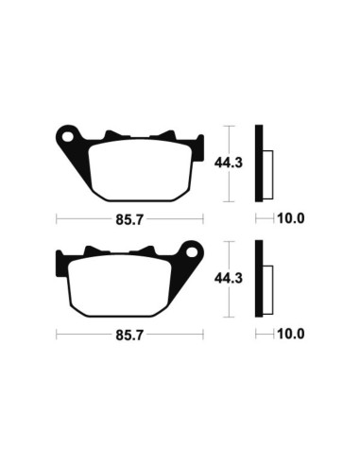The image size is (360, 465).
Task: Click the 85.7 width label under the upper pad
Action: (x=129, y=219)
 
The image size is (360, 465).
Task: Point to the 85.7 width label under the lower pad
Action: (x=129, y=335)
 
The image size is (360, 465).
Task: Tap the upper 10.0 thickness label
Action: (x=290, y=219)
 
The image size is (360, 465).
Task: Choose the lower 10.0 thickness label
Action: (x=290, y=335)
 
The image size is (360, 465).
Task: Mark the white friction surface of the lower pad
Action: (x=129, y=284)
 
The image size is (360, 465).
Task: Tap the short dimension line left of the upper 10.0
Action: (x=263, y=219)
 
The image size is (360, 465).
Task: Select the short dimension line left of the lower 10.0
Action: (x=263, y=335)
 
